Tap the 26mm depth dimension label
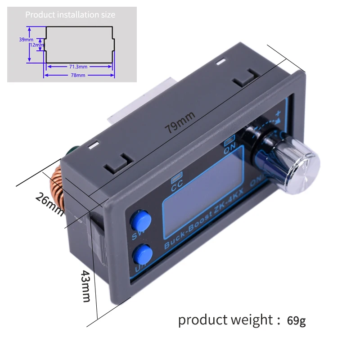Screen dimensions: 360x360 click(x=49, y=202)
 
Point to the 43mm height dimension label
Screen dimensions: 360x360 click(x=86, y=286)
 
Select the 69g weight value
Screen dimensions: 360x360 click(x=297, y=320)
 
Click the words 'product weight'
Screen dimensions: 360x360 click(x=225, y=320)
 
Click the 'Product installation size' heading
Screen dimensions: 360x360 click(x=70, y=15)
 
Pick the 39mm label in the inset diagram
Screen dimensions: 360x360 click(x=22, y=39)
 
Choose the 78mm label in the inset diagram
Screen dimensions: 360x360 click(x=78, y=75)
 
